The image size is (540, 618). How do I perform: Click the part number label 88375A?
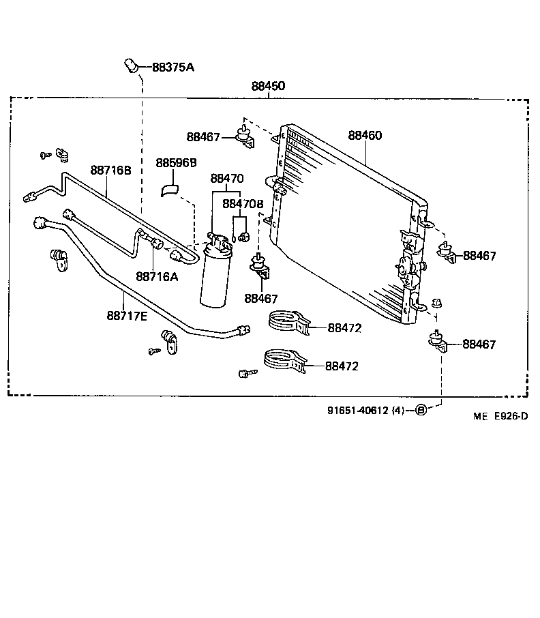pos(172,67)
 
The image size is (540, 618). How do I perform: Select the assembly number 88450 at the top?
pos(268,87)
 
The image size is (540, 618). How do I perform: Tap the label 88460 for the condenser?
pos(365,136)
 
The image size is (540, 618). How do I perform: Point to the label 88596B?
pos(176,163)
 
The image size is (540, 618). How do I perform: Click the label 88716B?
pos(110,170)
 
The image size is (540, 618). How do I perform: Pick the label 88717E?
pos(127,315)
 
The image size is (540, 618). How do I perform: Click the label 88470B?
pos(243,204)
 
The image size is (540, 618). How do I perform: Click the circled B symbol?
pos(421,410)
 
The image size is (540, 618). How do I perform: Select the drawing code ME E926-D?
pos(501,415)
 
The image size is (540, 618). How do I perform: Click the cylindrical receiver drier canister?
pos(216,276)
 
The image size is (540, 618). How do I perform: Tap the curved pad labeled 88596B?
pos(169,189)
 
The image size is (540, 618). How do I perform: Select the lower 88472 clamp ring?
pos(284,359)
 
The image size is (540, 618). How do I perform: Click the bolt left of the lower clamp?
pos(247,373)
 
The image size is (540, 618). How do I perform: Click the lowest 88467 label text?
pos(479,344)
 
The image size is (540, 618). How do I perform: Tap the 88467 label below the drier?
pos(261,298)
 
